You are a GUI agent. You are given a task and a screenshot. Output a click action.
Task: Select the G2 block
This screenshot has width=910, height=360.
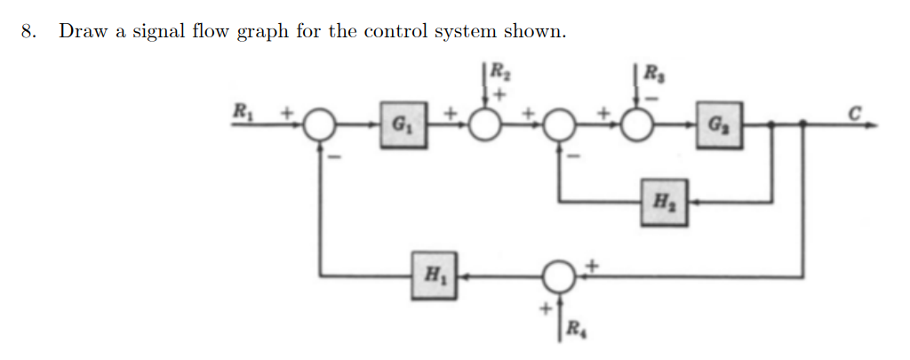(718, 125)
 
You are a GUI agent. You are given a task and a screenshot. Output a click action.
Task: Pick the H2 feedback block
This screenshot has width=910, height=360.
(665, 201)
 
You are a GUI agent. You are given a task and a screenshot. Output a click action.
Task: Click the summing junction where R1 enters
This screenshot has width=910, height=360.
(319, 126)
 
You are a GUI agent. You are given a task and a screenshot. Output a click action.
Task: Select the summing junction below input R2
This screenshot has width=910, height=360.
(485, 125)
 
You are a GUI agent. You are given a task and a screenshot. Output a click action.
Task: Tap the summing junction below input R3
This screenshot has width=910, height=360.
(636, 125)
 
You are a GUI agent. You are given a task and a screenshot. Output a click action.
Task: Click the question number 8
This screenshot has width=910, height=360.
(29, 32)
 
